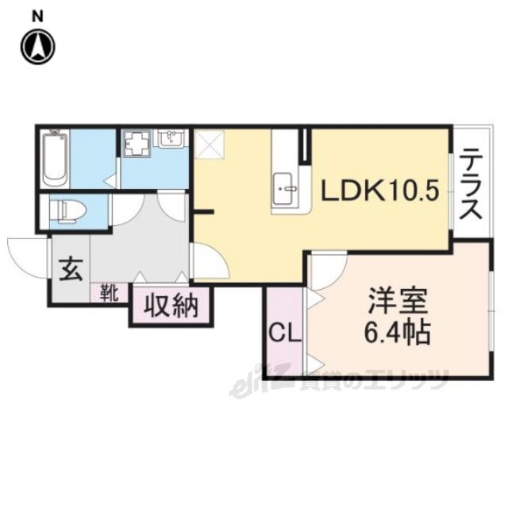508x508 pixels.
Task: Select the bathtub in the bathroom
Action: coord(56,157)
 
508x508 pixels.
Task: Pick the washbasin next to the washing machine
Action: coord(171,140)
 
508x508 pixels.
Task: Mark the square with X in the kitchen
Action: coord(211,143)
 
